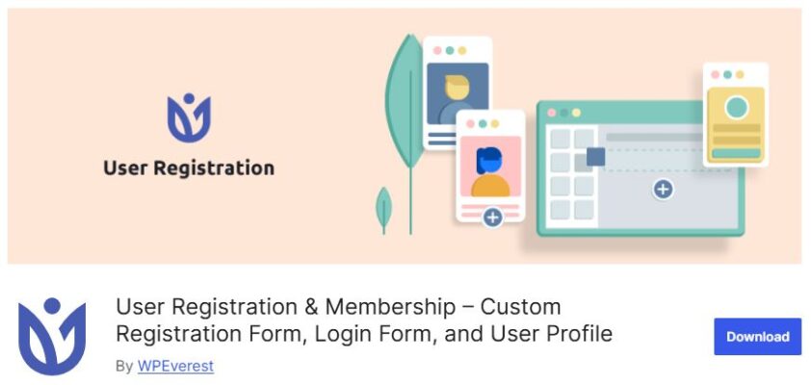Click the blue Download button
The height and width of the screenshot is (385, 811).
pos(757,337)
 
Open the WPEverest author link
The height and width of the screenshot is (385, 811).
pos(175,366)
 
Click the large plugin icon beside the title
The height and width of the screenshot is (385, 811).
pos(52,336)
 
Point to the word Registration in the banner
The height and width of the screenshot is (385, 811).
pos(216,168)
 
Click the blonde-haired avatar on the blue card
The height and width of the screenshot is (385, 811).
pos(456,93)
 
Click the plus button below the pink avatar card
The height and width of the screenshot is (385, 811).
pos(492,218)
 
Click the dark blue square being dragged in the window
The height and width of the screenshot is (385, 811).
pos(595,157)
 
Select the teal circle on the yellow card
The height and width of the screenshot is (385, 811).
pos(737,106)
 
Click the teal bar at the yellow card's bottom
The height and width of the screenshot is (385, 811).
pos(737,153)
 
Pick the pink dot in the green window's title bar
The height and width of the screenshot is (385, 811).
pos(552,113)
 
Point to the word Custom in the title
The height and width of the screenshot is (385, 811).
pos(520,308)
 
